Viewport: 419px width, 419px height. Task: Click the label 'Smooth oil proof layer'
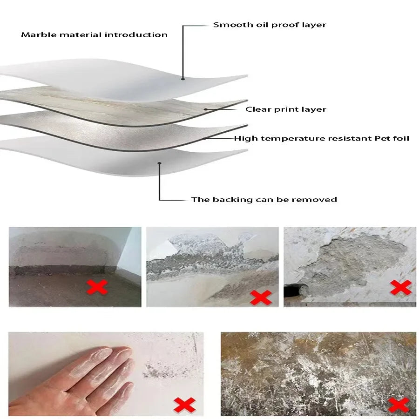270,25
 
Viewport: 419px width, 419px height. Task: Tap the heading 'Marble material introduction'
94,35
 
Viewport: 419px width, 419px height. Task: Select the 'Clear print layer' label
286,109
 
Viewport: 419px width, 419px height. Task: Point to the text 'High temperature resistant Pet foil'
321,138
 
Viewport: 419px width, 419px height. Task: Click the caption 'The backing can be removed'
264,200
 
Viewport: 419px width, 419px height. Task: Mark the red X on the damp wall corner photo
97,287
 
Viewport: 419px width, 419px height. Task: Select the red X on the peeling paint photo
260,297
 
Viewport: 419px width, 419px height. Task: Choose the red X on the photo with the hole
401,287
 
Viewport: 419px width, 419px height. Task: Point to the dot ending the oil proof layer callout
183,79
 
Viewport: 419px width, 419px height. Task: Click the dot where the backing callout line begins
160,163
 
